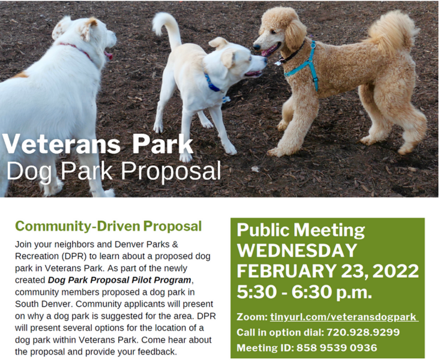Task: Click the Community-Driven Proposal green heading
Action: (x=108, y=226)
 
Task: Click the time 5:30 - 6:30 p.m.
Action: (x=304, y=292)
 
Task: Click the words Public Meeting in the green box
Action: (x=301, y=230)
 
